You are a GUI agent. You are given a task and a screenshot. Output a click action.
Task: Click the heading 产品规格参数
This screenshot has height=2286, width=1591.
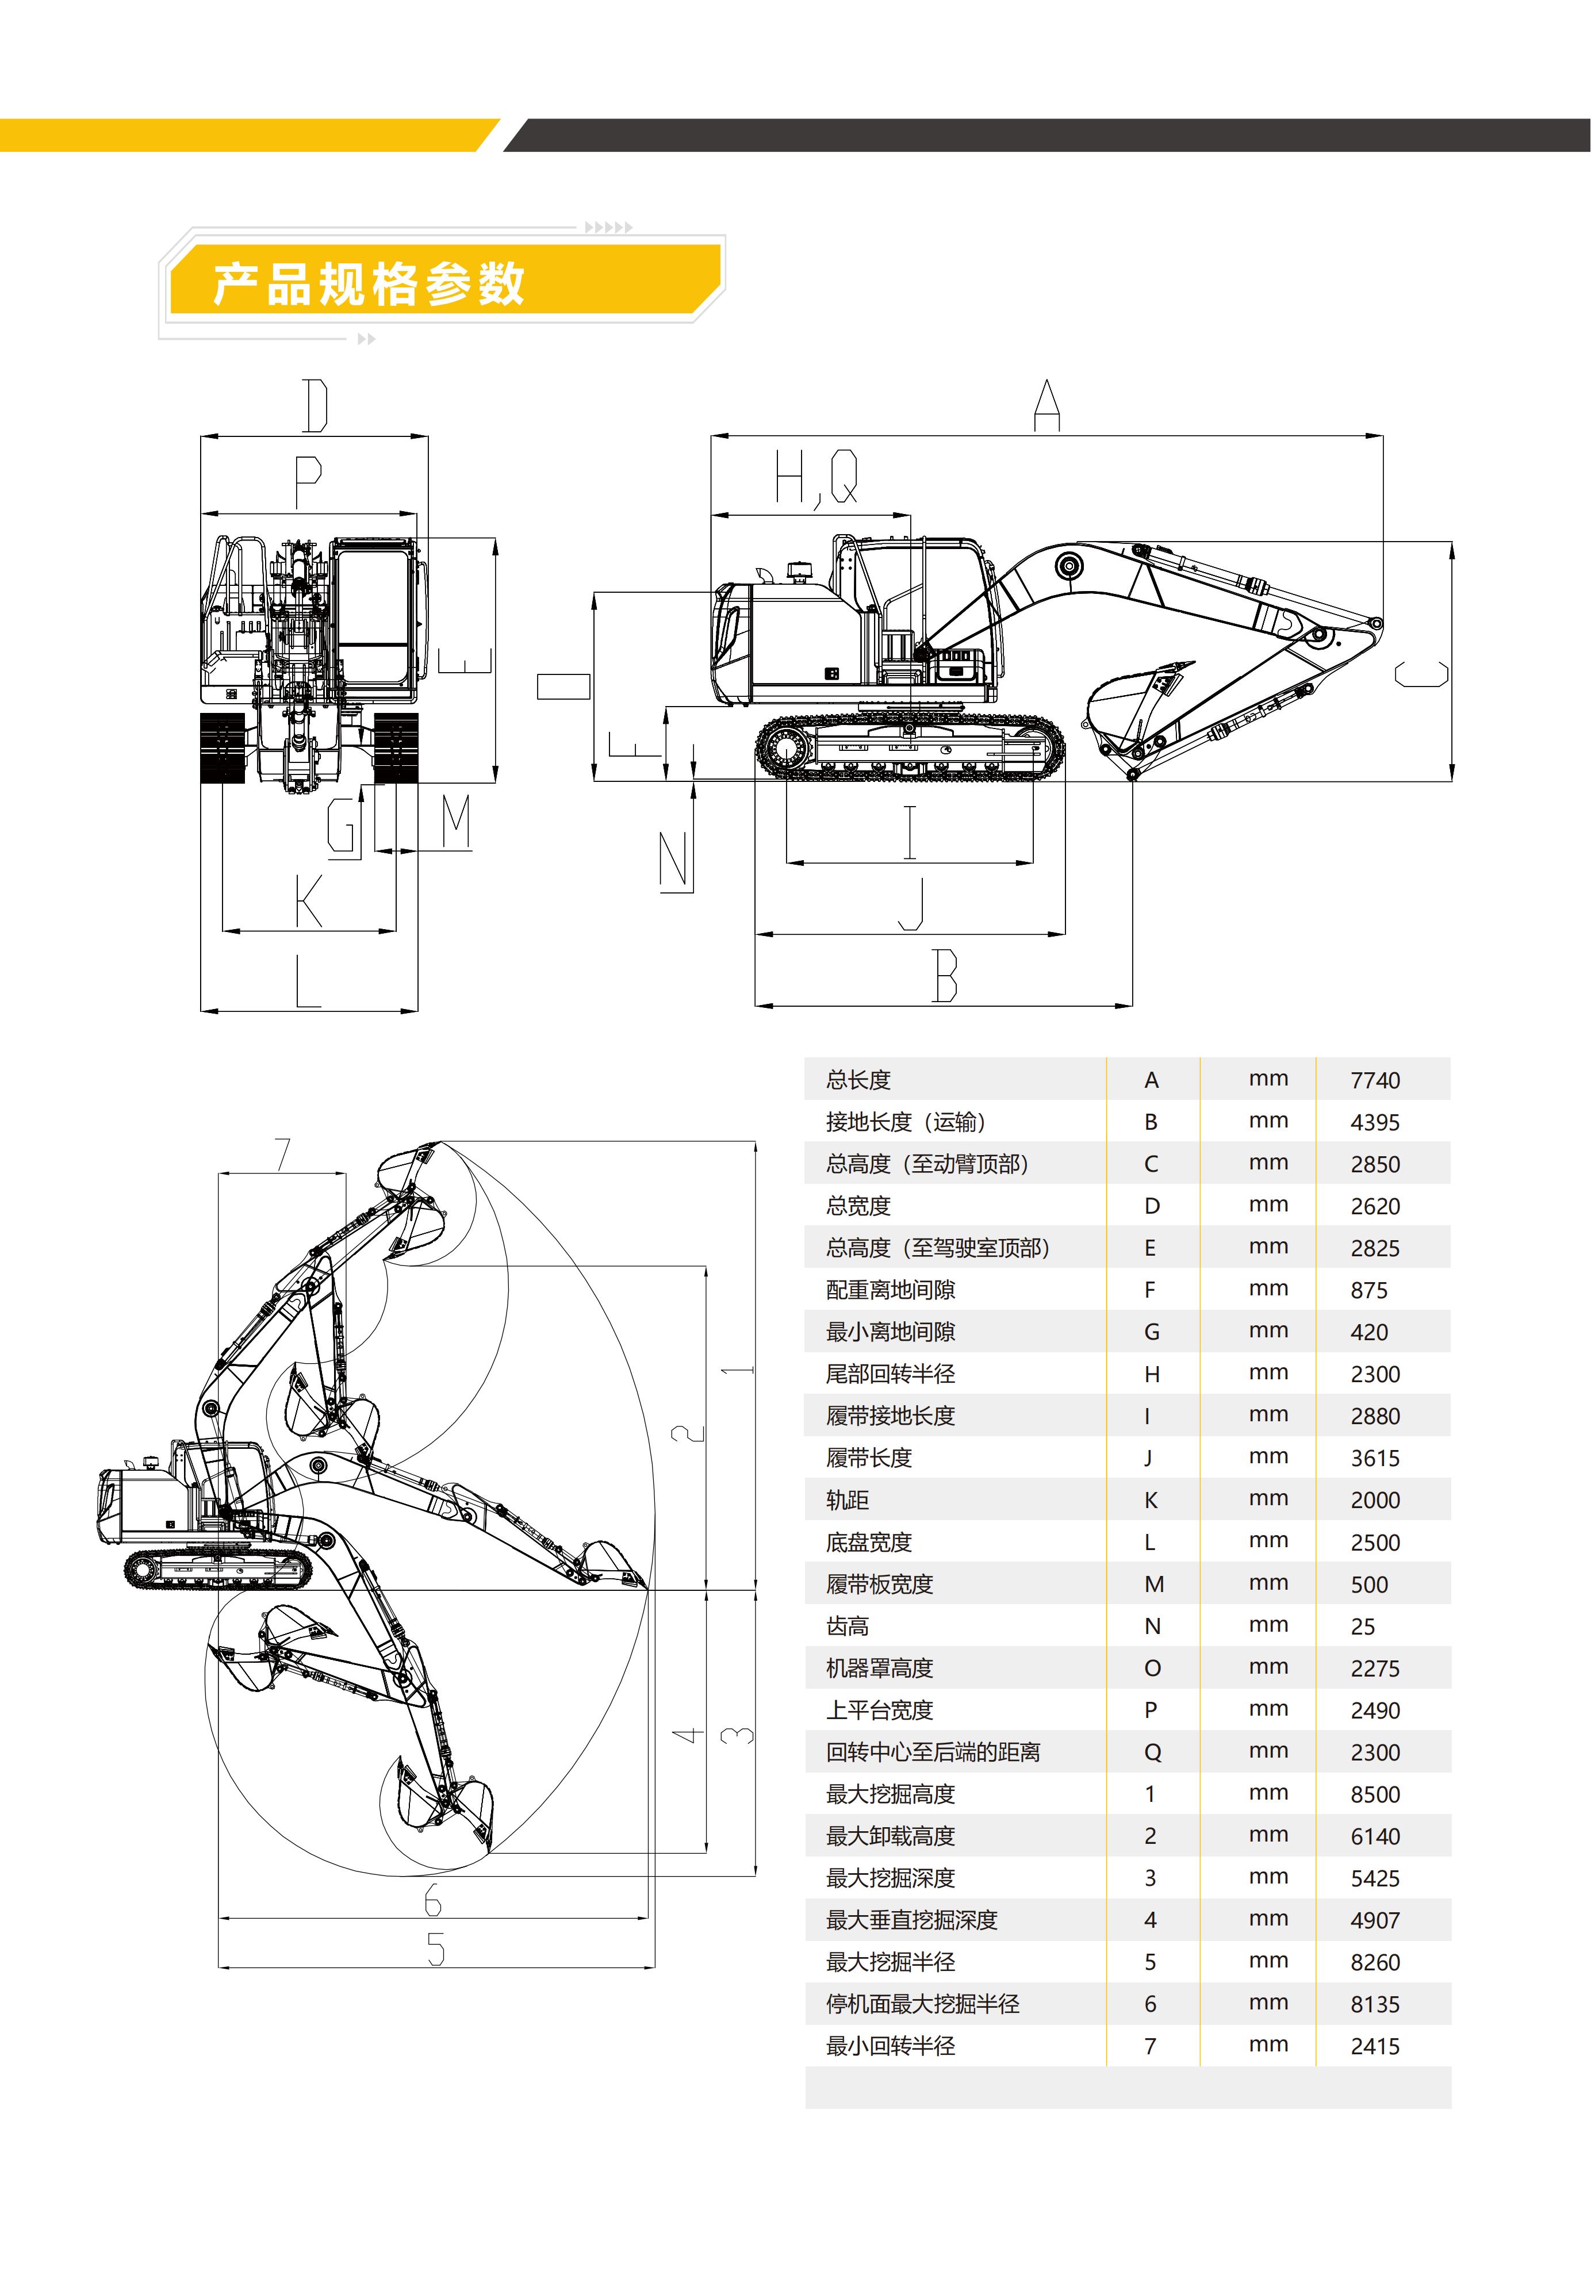click(x=369, y=284)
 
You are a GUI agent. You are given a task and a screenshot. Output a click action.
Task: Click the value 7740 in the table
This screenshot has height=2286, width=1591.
click(x=1375, y=1080)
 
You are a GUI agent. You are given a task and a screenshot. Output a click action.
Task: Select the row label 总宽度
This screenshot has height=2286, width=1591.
click(x=858, y=1206)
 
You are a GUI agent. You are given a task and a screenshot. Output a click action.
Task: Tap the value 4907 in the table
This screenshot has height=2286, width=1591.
click(x=1375, y=1920)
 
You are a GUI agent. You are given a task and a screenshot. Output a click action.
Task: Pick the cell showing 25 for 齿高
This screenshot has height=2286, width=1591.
click(x=1362, y=1627)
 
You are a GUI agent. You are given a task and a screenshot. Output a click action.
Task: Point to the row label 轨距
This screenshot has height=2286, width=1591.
click(x=848, y=1501)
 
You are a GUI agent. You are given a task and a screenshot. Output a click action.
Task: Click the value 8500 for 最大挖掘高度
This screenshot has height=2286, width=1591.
click(x=1375, y=1795)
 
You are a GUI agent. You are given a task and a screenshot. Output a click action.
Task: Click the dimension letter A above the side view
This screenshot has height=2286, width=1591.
click(x=1046, y=405)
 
